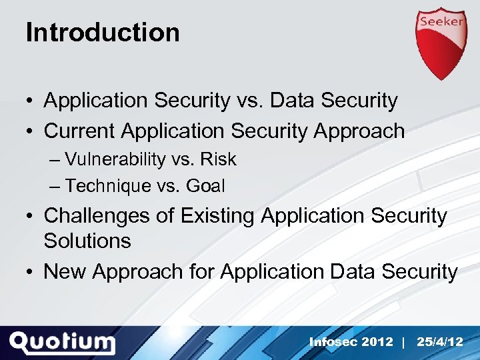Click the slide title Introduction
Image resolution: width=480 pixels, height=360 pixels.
[x=103, y=32]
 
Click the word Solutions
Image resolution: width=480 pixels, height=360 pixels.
[x=87, y=241]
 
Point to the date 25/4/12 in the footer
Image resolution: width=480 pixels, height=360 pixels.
[x=439, y=342]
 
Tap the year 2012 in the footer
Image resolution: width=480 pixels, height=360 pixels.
[x=377, y=342]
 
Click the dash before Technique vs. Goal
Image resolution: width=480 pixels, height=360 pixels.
[x=54, y=186]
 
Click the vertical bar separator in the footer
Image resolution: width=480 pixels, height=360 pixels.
[x=404, y=342]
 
